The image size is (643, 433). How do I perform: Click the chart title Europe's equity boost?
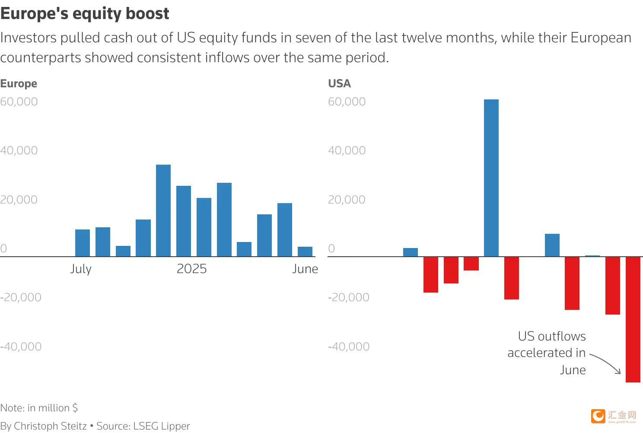coord(85,14)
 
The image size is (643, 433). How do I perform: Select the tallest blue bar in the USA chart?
coord(491,178)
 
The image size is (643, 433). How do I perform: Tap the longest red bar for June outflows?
coord(633,319)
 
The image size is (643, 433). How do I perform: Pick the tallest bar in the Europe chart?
coord(163,210)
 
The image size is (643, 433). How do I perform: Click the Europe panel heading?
coord(19,83)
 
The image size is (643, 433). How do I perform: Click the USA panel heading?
coord(339,83)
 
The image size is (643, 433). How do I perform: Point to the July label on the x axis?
coord(81,269)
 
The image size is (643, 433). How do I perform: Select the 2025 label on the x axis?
coord(191,269)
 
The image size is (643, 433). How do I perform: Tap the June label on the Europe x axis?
coord(305,269)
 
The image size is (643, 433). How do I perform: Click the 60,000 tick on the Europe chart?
coord(19,102)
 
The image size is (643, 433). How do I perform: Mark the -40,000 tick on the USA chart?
coord(349,347)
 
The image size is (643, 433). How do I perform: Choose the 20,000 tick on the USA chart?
coord(347,200)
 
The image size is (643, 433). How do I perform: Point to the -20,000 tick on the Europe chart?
coord(21,297)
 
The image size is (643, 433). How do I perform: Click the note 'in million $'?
coord(39,408)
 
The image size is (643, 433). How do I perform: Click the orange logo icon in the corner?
coord(598,416)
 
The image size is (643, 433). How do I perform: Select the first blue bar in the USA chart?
coord(410,252)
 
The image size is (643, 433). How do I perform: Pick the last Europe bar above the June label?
coord(305,252)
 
